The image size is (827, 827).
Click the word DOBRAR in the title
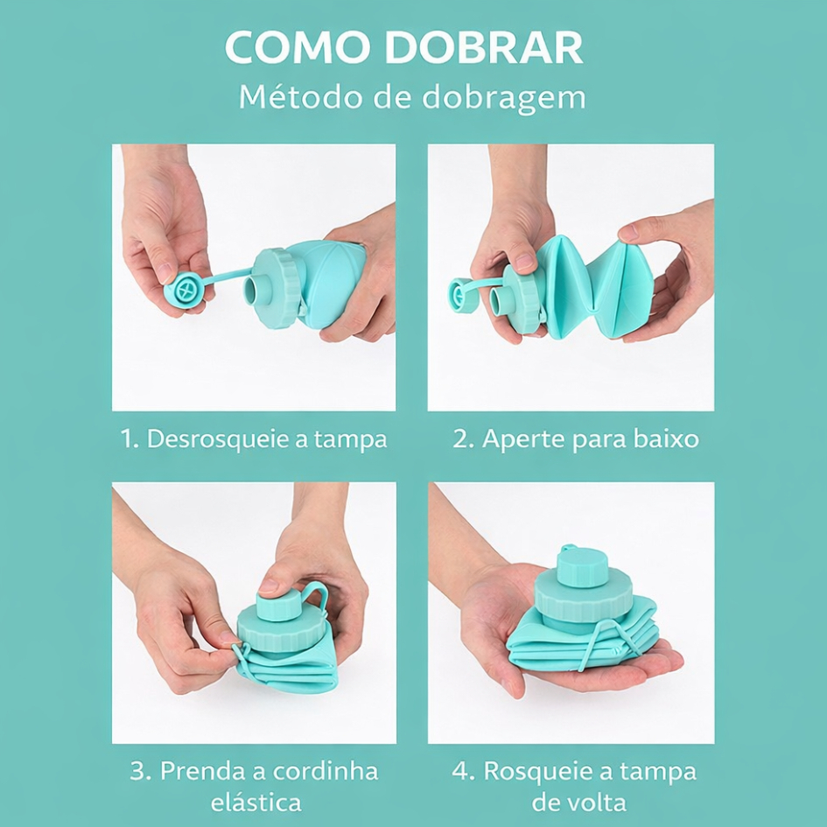coord(484,47)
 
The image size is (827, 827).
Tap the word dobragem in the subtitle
coord(504,98)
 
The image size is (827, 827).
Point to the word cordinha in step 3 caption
coord(326,771)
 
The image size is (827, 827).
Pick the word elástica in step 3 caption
coord(256,802)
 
